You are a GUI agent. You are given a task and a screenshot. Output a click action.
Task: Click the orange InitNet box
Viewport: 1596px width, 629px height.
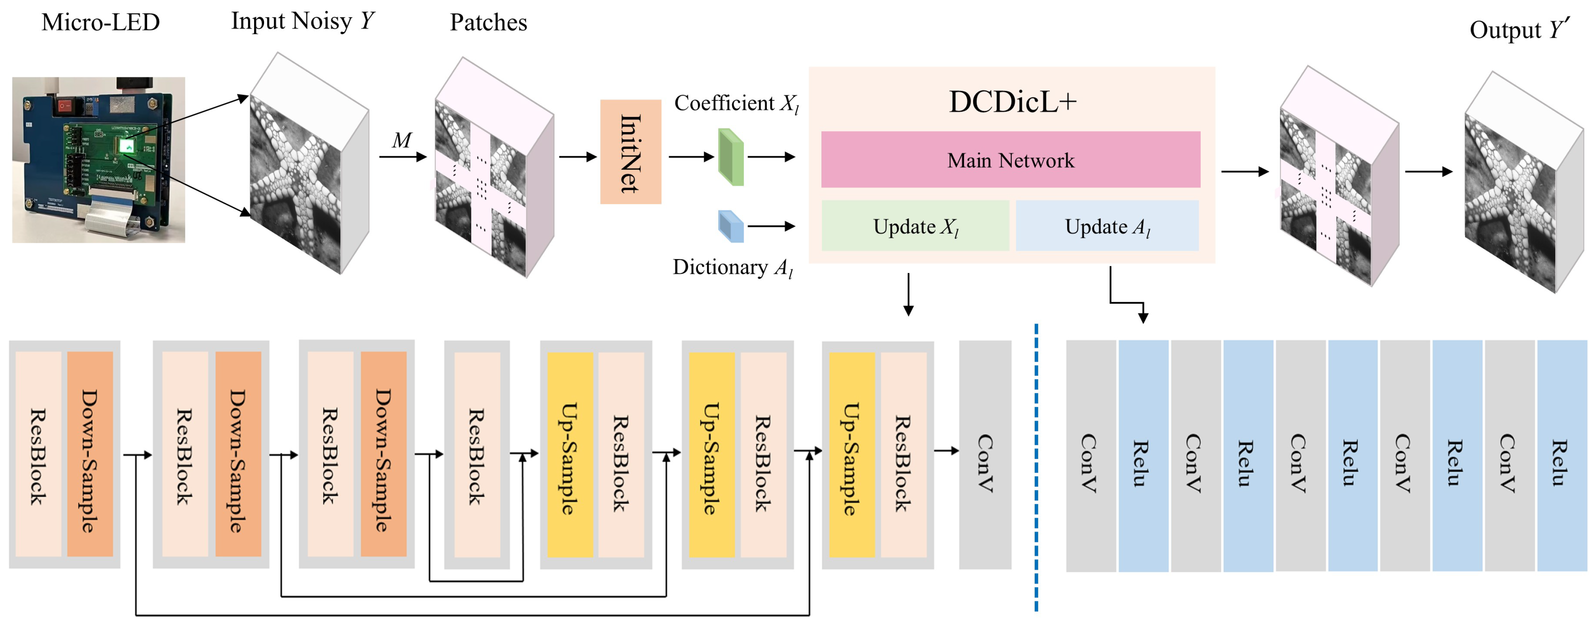[630, 152]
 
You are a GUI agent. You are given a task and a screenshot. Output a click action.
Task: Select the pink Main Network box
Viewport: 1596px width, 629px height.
[1010, 160]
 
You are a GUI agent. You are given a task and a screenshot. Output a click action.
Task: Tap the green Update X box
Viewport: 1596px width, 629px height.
[915, 226]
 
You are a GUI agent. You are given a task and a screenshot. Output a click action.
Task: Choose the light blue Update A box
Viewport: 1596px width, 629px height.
[1107, 226]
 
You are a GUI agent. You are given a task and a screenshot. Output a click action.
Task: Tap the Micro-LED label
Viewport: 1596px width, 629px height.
[100, 22]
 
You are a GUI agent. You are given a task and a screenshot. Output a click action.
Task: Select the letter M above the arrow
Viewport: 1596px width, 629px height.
[402, 141]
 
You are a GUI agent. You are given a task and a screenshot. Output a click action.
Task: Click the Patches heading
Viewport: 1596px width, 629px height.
[488, 22]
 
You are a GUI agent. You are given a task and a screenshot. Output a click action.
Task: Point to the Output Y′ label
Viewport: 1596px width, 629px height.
[1519, 29]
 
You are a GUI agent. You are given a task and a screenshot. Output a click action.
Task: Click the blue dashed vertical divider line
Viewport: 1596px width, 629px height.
[1036, 465]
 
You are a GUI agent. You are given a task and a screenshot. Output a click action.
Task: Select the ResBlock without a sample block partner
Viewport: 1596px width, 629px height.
[477, 455]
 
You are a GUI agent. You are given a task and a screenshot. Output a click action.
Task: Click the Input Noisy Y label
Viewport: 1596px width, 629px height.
[302, 21]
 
